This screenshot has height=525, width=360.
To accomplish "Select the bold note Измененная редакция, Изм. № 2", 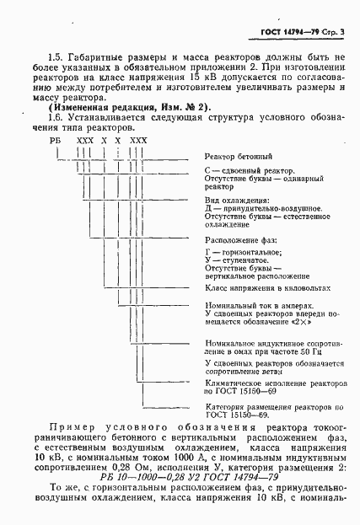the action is click(117, 107).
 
